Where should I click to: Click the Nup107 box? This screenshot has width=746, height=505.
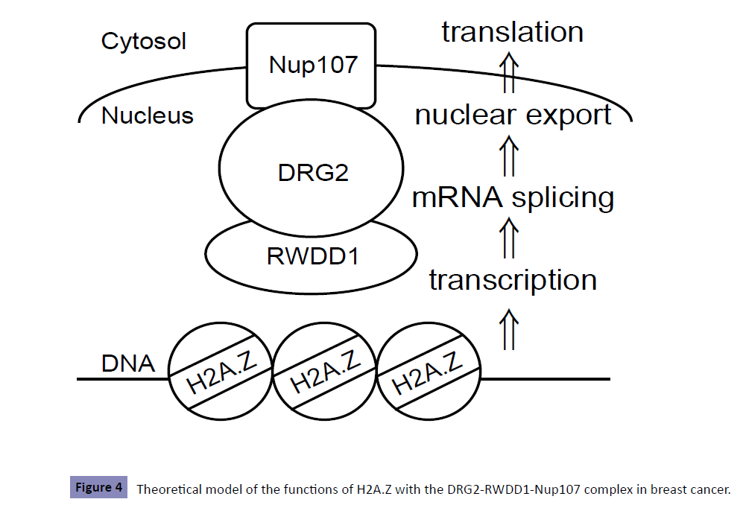pos(312,66)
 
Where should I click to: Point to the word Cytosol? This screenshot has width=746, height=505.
pos(144,42)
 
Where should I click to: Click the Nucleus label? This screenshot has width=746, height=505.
pos(148,115)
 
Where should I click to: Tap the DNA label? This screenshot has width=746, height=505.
pos(127,363)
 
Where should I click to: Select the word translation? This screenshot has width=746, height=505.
pos(512,32)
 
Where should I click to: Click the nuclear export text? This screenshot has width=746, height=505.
pos(513,115)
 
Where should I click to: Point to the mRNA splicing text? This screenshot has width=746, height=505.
pos(513,197)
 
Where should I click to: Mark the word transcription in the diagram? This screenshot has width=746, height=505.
pos(513,280)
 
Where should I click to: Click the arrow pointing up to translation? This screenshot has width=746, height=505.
pos(509,72)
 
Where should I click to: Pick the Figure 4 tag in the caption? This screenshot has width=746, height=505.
pos(98,489)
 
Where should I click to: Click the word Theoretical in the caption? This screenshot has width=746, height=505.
pos(168,489)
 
